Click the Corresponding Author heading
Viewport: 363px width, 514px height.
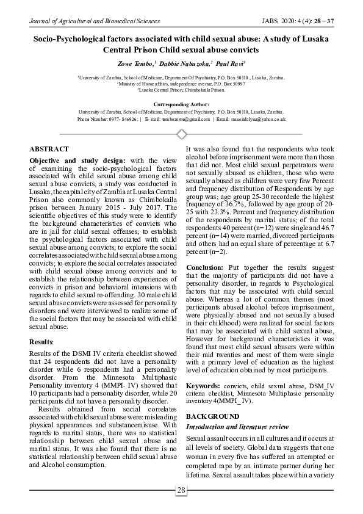181,105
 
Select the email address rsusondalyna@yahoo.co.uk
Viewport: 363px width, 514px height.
259,120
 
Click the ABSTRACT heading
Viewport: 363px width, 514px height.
49,149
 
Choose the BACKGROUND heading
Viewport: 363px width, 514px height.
212,415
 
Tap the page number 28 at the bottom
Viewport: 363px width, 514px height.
181,490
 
